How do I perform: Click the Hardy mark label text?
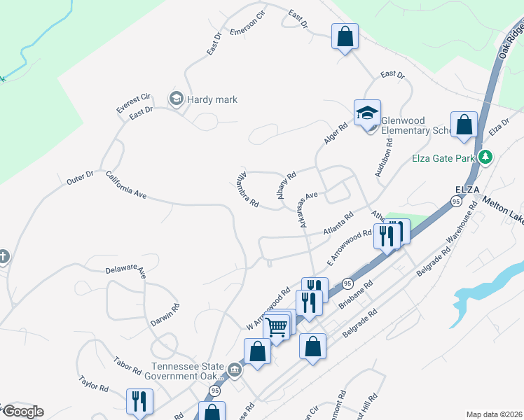(212, 99)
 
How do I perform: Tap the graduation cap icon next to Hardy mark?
(176, 99)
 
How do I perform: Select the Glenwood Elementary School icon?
(367, 113)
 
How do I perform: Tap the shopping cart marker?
(277, 325)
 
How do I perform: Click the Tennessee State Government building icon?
(235, 370)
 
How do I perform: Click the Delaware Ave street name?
(125, 269)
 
